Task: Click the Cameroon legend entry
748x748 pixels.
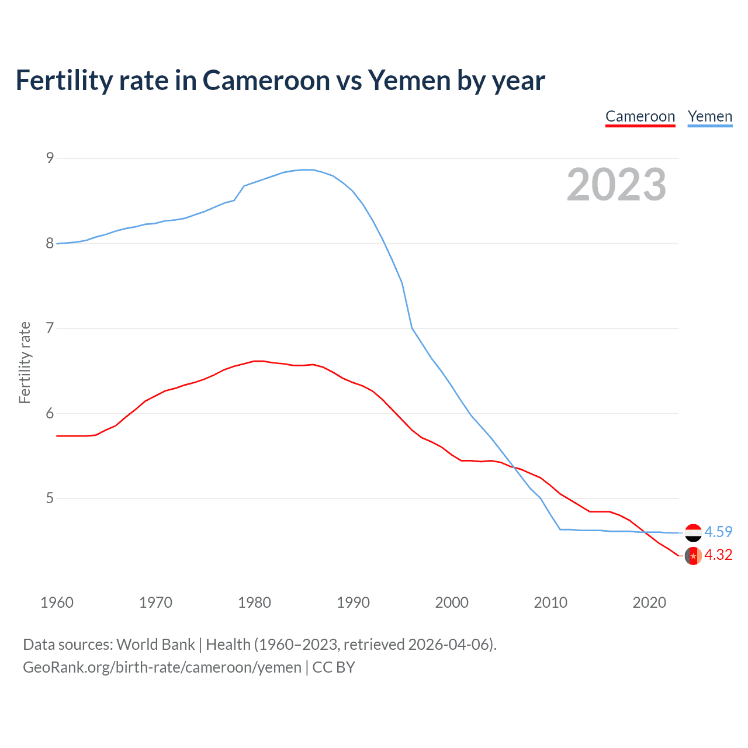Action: (640, 117)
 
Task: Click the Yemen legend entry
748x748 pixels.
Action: (709, 117)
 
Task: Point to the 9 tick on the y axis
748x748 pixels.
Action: (50, 158)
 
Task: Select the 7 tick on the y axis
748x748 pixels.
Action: (50, 328)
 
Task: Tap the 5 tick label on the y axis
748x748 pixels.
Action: (50, 498)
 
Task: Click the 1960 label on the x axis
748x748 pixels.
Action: (57, 602)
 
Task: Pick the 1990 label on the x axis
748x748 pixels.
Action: (353, 602)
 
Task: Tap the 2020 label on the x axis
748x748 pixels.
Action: (649, 602)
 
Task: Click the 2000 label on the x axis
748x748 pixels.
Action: (452, 602)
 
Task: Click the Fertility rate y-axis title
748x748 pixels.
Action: (25, 362)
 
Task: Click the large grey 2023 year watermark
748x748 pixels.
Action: (616, 185)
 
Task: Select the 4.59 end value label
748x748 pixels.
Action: (718, 532)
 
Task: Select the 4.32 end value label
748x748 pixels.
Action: (718, 555)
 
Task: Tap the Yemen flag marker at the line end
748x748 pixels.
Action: (693, 532)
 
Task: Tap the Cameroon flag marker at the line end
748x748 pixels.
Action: (693, 556)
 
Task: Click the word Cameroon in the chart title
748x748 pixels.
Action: (266, 81)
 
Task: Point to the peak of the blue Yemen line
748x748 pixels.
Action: (308, 169)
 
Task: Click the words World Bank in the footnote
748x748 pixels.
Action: (155, 645)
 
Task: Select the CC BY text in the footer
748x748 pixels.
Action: (334, 667)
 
